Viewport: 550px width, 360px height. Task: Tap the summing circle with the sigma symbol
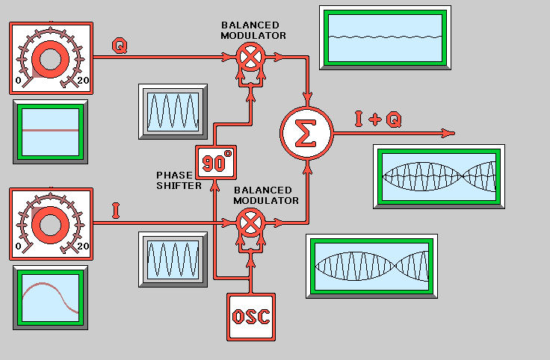click(305, 133)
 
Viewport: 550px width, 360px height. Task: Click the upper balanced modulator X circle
click(252, 56)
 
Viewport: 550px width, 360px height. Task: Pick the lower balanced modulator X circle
click(252, 222)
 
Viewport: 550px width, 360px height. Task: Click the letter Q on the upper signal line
click(119, 46)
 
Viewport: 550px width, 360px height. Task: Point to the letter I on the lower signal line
click(116, 211)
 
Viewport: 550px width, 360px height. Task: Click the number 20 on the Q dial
click(83, 81)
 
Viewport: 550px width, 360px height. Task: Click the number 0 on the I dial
click(19, 246)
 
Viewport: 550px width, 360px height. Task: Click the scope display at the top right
click(385, 37)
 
